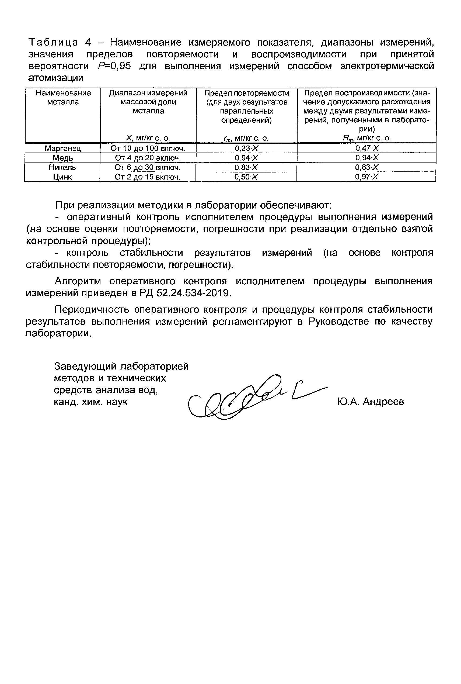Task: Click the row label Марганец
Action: click(63, 148)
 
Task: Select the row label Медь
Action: click(63, 158)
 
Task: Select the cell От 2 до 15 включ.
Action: click(147, 177)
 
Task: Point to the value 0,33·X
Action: click(246, 148)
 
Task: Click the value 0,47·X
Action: click(367, 148)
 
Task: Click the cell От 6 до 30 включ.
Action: click(148, 167)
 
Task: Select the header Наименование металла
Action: click(63, 98)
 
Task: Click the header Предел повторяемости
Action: click(247, 93)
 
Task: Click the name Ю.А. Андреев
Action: click(371, 401)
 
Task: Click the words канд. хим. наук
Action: click(90, 402)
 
